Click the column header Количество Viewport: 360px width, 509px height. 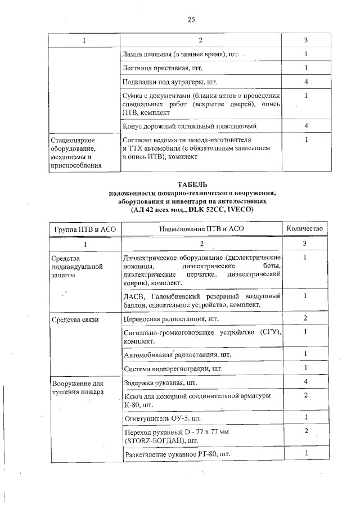[x=304, y=229]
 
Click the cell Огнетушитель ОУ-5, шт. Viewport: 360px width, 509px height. [x=162, y=418]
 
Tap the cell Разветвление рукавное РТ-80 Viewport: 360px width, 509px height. [x=177, y=453]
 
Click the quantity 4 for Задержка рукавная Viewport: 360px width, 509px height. [x=304, y=382]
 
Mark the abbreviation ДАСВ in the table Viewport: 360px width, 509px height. [x=133, y=296]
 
